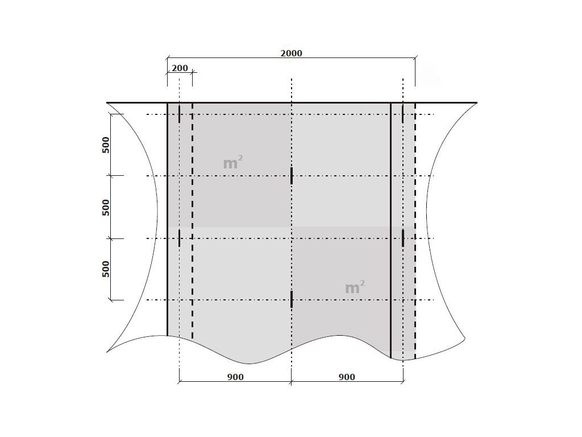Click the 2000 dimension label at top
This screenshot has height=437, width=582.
pos(291,53)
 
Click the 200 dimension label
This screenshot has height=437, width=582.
pos(180,68)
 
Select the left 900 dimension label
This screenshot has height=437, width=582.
pos(235,377)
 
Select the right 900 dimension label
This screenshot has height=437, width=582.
pos(347,377)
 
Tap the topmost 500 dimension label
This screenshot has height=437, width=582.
pos(106,145)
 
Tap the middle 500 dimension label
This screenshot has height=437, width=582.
pos(106,207)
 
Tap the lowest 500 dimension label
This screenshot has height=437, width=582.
pos(106,269)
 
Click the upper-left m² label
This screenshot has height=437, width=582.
pos(233,162)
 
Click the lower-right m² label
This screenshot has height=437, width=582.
pos(355,287)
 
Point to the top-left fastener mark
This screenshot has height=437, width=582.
pos(179,114)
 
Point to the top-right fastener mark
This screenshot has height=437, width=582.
pos(403,114)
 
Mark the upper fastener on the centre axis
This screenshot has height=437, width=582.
pos(292,175)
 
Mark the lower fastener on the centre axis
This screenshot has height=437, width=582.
pos(292,299)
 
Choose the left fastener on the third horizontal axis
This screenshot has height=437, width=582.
pos(179,238)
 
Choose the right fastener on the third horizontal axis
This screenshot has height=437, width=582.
pos(403,238)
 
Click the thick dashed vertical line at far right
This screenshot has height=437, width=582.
pos(415,230)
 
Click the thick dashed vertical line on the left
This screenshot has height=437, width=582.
pos(192,221)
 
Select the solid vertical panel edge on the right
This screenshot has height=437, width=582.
pos(391,230)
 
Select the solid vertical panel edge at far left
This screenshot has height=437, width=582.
pos(167,219)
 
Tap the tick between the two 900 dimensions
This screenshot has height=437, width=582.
pos(292,381)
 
